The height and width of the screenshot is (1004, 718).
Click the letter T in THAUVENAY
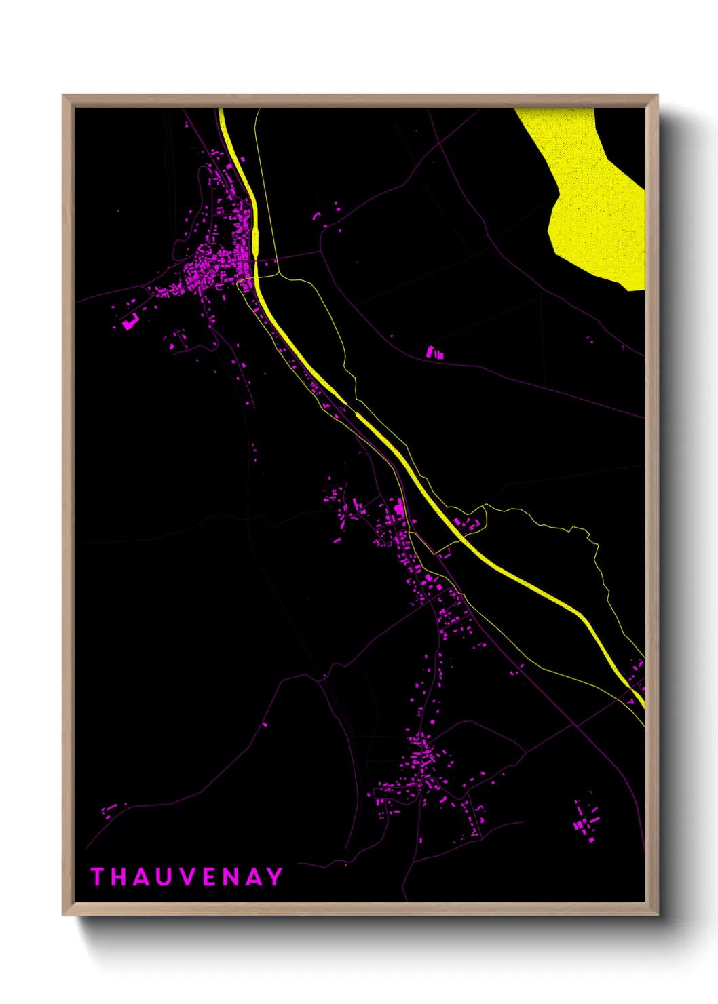click(x=96, y=876)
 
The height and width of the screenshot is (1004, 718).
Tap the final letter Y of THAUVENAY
click(x=275, y=876)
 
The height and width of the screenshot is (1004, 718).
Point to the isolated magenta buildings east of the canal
click(x=434, y=352)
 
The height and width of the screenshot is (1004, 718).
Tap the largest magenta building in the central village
click(x=400, y=507)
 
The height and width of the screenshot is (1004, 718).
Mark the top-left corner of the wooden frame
click(x=64, y=96)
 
